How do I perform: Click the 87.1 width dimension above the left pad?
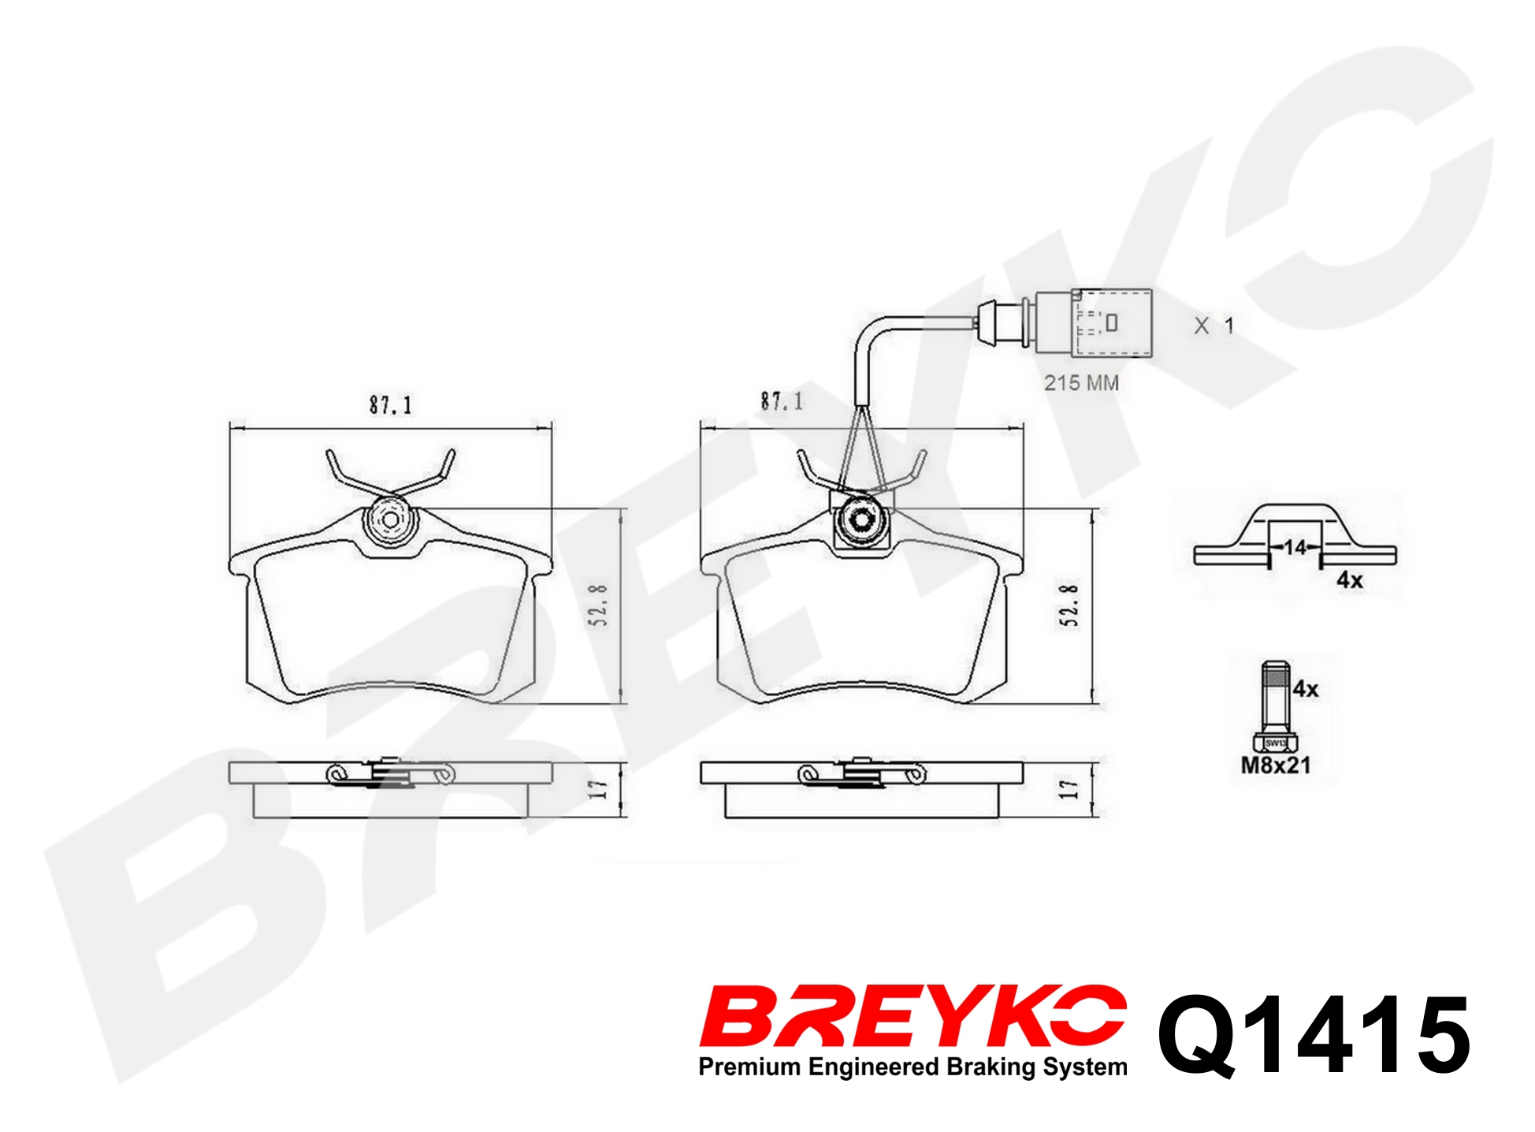pyautogui.click(x=391, y=405)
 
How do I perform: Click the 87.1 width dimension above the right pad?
pyautogui.click(x=782, y=401)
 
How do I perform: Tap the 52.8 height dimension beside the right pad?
pyautogui.click(x=1069, y=605)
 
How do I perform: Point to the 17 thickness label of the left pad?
pyautogui.click(x=599, y=788)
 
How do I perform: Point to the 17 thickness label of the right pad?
pyautogui.click(x=1069, y=788)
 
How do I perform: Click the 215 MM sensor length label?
pyautogui.click(x=1081, y=383)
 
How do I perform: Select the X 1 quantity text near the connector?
pyautogui.click(x=1214, y=326)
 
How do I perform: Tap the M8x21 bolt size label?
pyautogui.click(x=1276, y=765)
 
